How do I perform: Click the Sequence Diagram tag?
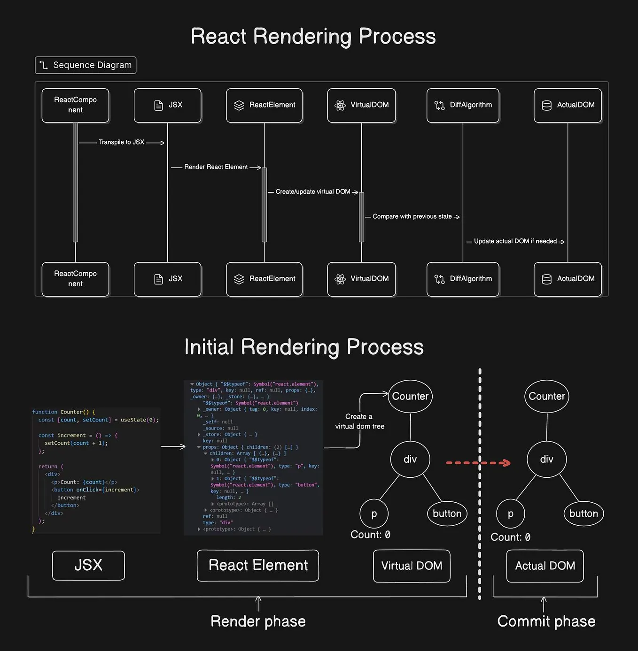(x=86, y=65)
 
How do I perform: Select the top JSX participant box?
(x=168, y=105)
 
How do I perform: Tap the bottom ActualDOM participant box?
(x=568, y=279)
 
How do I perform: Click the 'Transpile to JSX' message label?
(x=121, y=142)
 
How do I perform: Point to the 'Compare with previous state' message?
(x=412, y=216)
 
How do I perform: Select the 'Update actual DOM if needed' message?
(x=515, y=241)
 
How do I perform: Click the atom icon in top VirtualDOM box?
(x=340, y=105)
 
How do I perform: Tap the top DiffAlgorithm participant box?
(x=463, y=105)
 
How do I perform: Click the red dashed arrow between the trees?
(x=478, y=463)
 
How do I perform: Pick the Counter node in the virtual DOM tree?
(x=410, y=397)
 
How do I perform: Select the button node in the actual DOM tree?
(x=583, y=513)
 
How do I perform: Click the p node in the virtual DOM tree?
(x=374, y=513)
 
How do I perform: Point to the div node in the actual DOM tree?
(x=546, y=460)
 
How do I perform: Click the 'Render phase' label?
(x=258, y=621)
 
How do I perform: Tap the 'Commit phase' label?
(x=546, y=621)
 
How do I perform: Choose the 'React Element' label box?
(x=258, y=566)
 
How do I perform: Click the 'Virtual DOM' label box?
(x=412, y=566)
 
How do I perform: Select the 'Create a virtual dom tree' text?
(x=359, y=421)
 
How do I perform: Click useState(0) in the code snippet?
(x=140, y=420)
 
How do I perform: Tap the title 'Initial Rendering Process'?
(x=304, y=347)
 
